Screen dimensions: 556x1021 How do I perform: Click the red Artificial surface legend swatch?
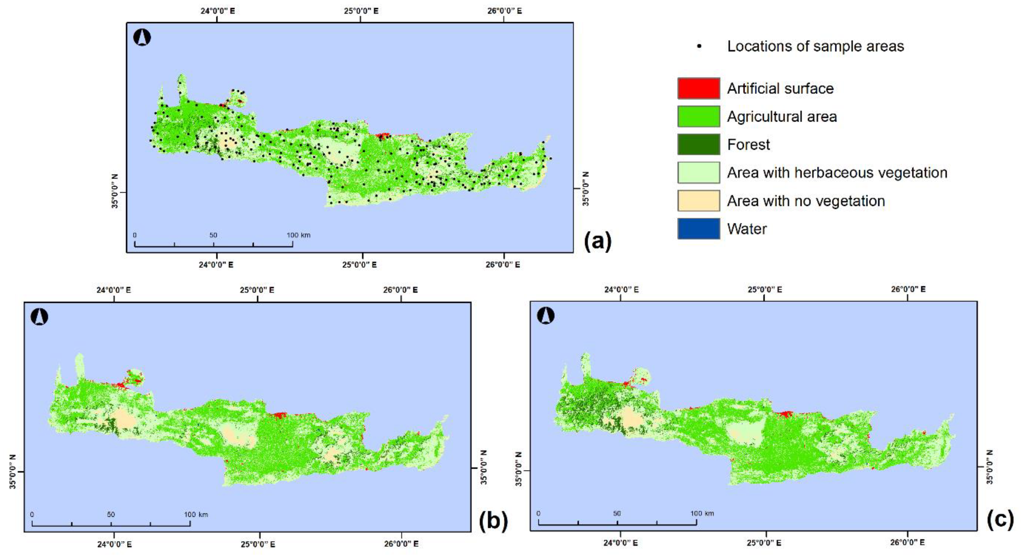pos(698,88)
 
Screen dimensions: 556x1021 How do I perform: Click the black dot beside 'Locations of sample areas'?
pos(699,47)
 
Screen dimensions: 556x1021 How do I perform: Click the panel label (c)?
pos(1000,520)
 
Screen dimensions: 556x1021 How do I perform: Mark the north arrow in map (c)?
pos(546,316)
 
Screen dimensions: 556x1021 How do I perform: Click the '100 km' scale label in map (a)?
pos(298,235)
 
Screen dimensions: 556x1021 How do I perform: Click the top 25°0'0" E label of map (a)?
pos(361,11)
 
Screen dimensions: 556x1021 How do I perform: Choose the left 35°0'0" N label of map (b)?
pos(13,472)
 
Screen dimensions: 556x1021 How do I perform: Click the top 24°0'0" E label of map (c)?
pos(621,289)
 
